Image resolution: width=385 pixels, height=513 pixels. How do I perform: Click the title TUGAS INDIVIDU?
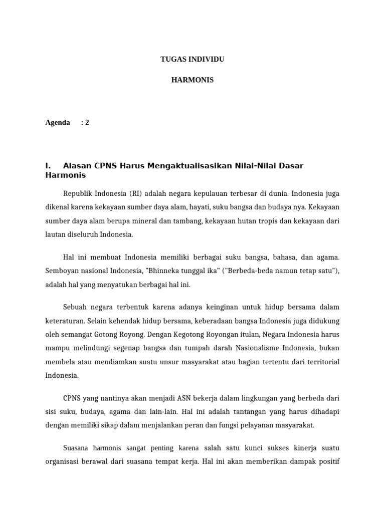[x=192, y=59]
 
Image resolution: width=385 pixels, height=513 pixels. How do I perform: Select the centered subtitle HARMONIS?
[x=192, y=80]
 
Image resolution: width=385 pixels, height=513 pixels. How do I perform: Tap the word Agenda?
[x=58, y=122]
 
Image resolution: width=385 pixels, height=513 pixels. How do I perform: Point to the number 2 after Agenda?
[x=87, y=122]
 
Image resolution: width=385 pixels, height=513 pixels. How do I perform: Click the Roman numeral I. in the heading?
[x=49, y=166]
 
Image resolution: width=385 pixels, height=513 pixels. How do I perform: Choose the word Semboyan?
[x=61, y=271]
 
